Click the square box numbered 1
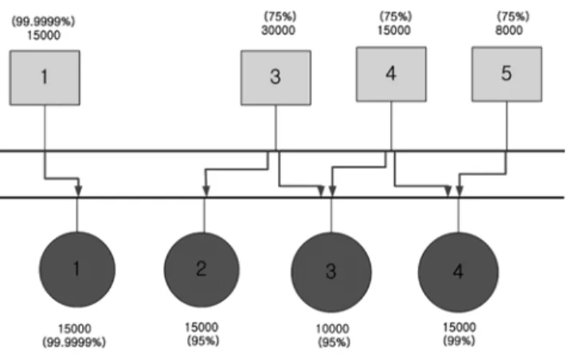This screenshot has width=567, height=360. [45, 78]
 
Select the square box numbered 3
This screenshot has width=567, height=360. [276, 78]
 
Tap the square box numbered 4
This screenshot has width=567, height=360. [391, 74]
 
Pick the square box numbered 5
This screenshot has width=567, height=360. [506, 74]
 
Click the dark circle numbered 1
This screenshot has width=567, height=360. [77, 269]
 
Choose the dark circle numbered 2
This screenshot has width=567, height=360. [201, 270]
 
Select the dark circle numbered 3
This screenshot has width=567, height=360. [331, 272]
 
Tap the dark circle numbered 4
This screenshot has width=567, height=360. [458, 272]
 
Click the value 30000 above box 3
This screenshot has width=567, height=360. [278, 30]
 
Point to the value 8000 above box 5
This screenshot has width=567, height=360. [509, 30]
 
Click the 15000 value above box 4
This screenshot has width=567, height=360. [393, 30]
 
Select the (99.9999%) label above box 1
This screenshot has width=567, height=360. [43, 22]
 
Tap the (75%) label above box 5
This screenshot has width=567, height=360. [513, 17]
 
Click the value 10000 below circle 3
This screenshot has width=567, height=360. [332, 329]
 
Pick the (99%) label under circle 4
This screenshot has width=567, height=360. [459, 341]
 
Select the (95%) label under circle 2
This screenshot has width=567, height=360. [203, 341]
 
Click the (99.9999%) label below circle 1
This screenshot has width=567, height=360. [74, 342]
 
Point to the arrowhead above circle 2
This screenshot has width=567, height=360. [206, 190]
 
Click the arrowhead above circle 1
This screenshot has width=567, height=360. [78, 190]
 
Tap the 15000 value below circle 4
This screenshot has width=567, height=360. [459, 327]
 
